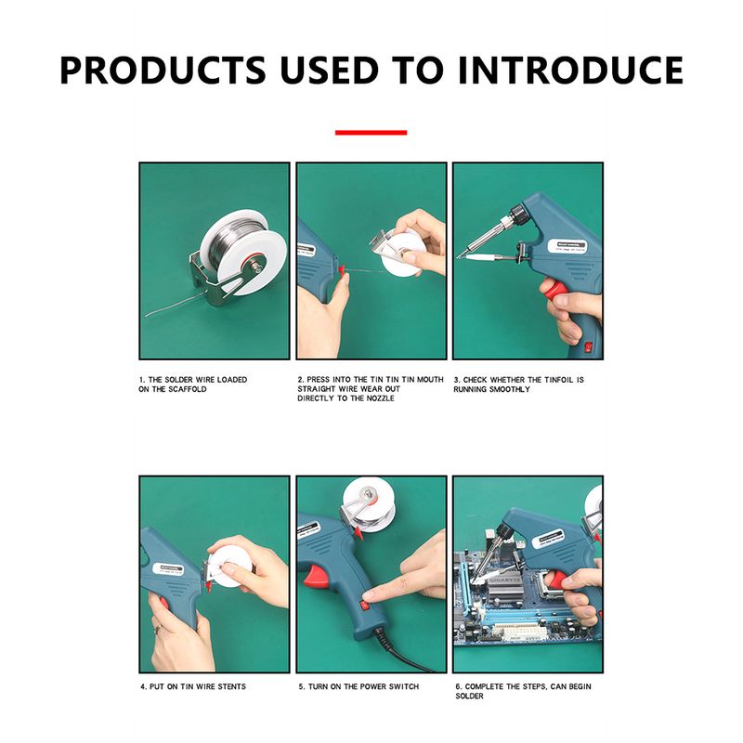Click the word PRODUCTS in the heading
163,71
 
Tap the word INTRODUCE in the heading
570,71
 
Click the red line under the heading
371,133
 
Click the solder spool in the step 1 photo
242,251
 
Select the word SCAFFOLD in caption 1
188,389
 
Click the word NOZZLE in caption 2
378,398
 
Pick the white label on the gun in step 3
568,246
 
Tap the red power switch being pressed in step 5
365,605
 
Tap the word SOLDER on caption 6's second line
469,696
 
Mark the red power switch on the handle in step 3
589,347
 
